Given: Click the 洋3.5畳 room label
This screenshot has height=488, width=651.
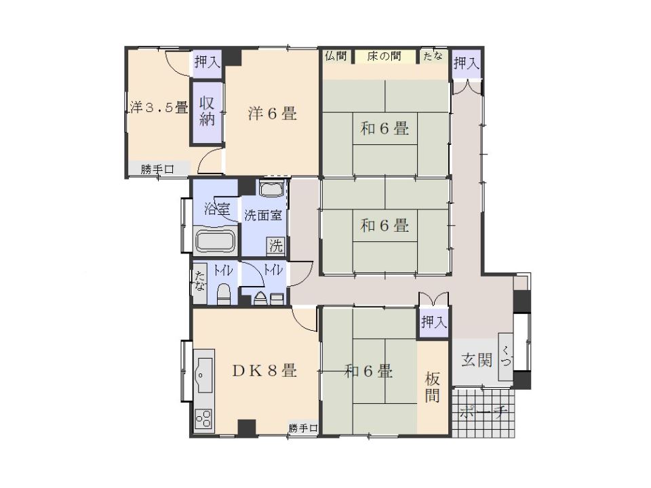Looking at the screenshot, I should (159, 107).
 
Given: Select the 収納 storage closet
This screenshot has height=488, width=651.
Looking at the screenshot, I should (207, 111).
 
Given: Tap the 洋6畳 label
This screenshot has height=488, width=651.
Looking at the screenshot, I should (272, 114).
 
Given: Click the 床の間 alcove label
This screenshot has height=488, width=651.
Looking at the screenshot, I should (384, 56).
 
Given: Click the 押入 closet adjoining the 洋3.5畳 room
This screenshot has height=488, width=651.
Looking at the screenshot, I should (207, 62).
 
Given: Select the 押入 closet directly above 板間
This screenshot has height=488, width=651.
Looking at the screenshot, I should (433, 323).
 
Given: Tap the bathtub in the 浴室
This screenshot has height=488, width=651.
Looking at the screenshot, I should (215, 241).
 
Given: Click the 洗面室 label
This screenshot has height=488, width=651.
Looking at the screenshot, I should (263, 216).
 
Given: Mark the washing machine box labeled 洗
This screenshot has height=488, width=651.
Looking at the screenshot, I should (275, 245).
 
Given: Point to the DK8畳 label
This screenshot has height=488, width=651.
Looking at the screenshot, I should (264, 371).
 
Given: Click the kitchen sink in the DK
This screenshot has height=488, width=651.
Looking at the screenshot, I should (203, 371).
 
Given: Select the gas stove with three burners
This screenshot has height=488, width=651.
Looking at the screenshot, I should (203, 418).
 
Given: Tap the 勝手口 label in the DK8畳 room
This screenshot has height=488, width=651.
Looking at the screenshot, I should (302, 428).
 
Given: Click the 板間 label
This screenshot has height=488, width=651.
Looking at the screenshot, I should (433, 388).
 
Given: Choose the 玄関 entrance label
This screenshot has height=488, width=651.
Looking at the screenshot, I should (478, 360).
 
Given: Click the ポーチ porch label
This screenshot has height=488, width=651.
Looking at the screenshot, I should (484, 413).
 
